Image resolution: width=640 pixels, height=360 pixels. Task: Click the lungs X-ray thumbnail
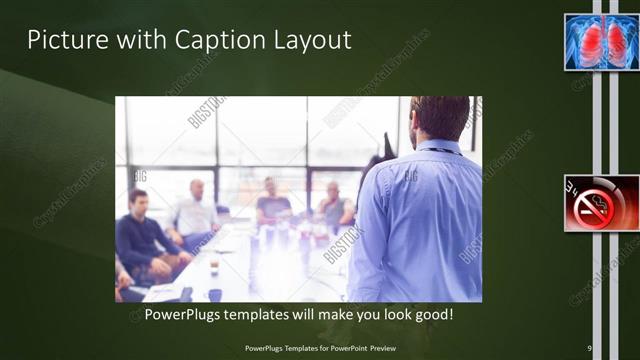601,42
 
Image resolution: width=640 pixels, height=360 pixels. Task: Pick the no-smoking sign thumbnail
601,203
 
